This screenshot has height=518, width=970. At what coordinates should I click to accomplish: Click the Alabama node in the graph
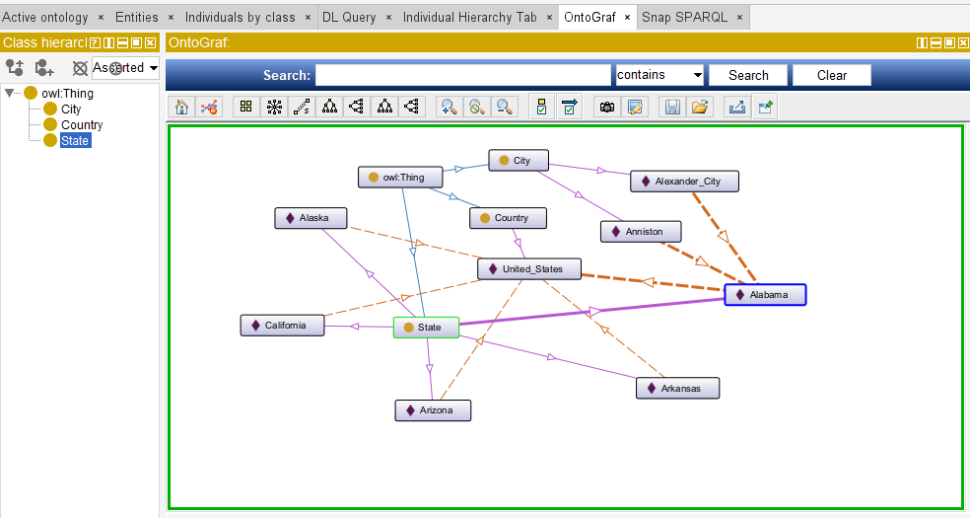765,295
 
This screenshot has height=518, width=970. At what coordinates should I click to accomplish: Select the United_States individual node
529,269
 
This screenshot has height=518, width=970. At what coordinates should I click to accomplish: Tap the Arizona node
433,410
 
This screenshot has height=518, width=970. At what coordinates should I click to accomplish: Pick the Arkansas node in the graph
678,388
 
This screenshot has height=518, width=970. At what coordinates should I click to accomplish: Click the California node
282,326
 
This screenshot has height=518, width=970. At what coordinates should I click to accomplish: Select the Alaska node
311,218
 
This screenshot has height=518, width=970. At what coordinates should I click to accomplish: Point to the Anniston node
641,232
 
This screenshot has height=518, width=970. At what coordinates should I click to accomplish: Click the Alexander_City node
685,182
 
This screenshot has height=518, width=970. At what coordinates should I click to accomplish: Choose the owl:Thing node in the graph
400,177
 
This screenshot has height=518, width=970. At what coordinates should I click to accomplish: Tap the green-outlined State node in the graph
426,328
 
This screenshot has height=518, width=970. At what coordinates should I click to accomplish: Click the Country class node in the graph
508,218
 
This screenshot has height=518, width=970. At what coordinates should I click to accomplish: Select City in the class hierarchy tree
71,109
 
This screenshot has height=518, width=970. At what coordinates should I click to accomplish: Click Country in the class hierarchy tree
82,125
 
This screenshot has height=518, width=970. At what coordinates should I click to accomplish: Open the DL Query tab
349,18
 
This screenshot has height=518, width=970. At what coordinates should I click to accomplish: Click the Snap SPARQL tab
684,18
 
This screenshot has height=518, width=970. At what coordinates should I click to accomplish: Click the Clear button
832,76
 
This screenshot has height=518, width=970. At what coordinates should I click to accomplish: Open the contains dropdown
660,75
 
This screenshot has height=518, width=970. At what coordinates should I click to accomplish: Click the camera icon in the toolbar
607,108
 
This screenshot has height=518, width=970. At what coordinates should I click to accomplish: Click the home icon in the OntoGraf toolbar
181,108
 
